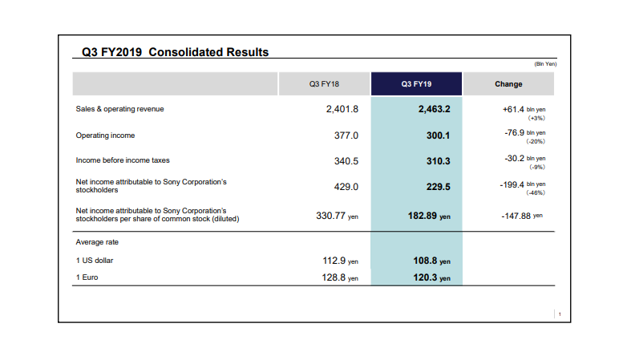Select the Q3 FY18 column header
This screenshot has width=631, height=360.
coord(324,84)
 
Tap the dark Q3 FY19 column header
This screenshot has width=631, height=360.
coord(416,84)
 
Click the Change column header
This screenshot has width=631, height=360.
coord(508,84)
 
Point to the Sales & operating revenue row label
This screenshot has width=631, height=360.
coord(119,109)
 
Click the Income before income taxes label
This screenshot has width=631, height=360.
coord(122,160)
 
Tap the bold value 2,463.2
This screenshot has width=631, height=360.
coord(434,109)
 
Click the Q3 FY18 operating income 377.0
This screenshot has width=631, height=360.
coord(346,136)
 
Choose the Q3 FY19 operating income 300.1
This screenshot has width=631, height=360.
coord(438,136)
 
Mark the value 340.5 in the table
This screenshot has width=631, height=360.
coord(346,161)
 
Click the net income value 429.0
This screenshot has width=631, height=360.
coord(346,186)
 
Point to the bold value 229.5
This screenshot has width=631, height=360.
coord(438,186)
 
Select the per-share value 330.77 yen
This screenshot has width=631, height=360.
coord(337,215)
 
